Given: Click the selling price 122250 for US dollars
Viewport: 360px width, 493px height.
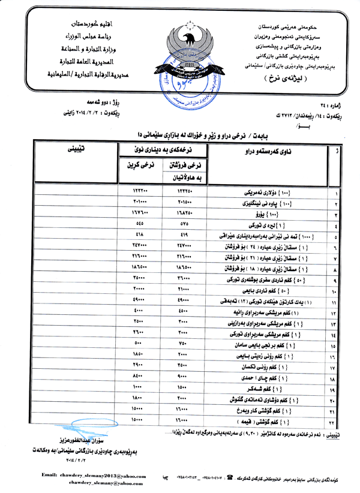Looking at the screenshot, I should (184, 190).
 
